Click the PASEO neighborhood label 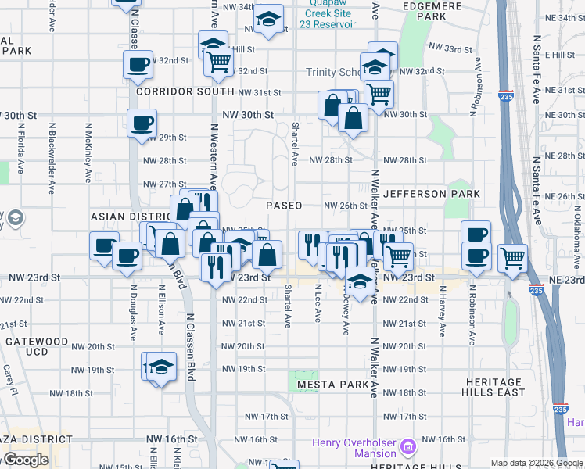[x=284, y=206]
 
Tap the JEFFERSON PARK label [x=425, y=194]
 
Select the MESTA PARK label [x=332, y=385]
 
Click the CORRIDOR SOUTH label [x=185, y=91]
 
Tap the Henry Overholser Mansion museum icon [x=407, y=446]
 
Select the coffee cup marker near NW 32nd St [x=139, y=65]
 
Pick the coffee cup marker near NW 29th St [x=142, y=124]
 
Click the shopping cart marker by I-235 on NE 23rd [x=512, y=257]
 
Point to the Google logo [x=25, y=460]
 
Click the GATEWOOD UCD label [x=38, y=347]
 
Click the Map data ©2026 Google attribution [x=537, y=463]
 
